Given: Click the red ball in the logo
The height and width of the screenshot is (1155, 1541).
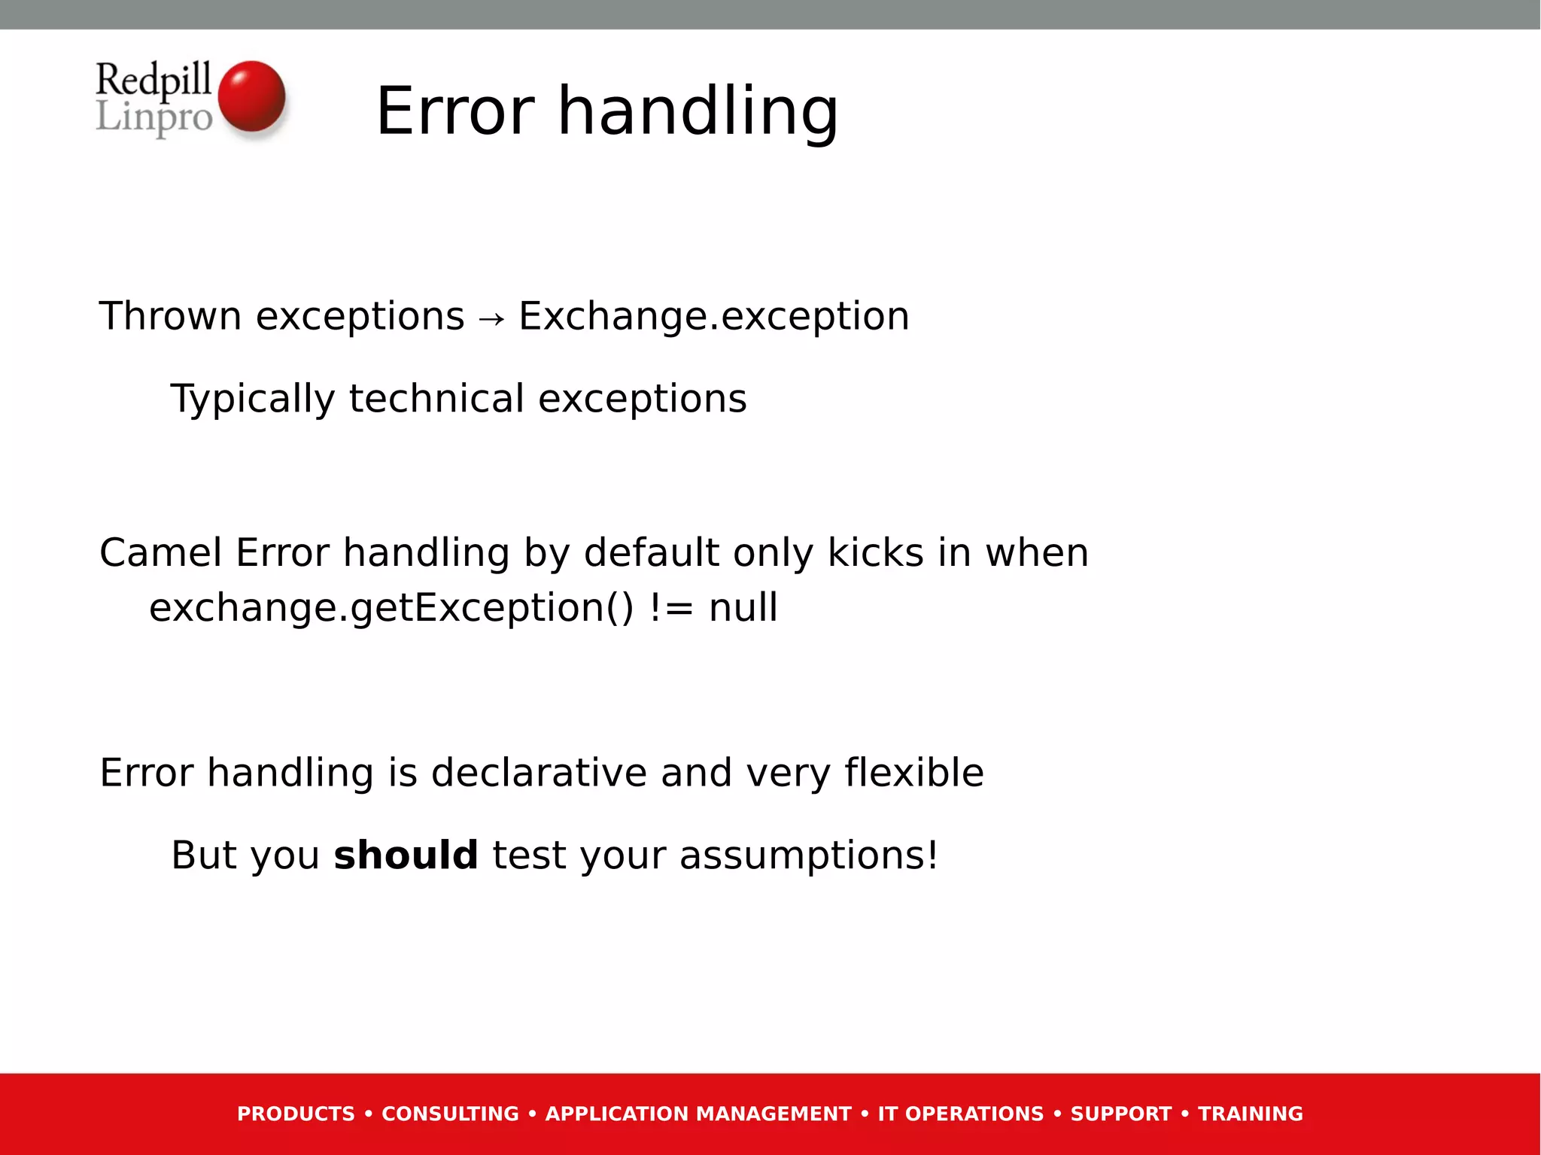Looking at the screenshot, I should tap(251, 96).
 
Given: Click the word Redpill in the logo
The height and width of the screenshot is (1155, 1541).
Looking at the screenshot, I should tap(153, 80).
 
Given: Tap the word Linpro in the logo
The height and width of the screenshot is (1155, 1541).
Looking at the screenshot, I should tap(154, 118).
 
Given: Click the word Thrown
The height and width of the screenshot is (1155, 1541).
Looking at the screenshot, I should tap(170, 316).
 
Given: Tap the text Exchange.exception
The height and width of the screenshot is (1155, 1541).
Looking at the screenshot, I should tap(713, 316).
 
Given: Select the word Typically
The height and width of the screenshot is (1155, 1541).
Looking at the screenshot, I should tap(252, 399).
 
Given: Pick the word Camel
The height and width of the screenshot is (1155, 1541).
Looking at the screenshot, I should tap(160, 552).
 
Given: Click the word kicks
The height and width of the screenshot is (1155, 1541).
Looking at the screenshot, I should tap(875, 552).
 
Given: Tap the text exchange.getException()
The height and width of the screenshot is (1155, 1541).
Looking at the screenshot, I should tap(391, 607).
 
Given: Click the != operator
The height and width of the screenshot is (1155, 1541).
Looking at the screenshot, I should tap(670, 607).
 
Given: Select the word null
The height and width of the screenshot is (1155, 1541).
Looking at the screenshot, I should tap(743, 607).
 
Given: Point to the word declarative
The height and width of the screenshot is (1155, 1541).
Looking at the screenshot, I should tap(538, 773).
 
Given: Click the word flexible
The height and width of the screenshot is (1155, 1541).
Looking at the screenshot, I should tap(913, 773).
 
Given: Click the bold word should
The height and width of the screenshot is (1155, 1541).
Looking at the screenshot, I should tap(406, 856).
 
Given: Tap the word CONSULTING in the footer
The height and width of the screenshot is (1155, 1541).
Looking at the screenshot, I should tap(450, 1114).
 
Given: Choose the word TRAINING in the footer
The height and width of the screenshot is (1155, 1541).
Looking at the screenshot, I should tap(1250, 1114).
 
